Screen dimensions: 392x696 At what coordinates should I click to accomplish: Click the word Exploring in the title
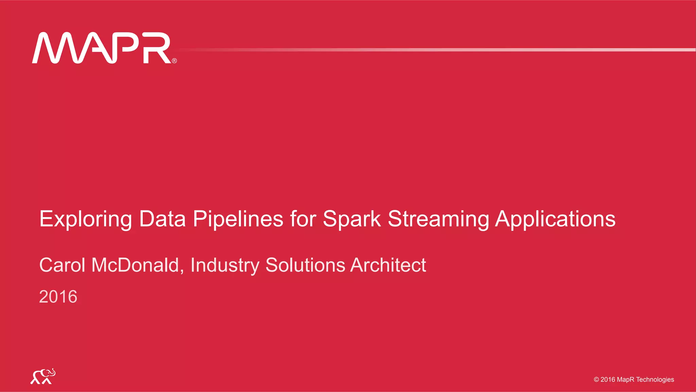85,219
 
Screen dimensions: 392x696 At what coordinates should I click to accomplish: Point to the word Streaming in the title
438,219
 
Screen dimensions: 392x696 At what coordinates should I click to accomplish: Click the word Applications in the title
555,219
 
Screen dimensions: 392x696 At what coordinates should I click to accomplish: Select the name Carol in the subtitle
62,265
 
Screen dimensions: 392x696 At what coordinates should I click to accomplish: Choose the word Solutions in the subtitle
305,265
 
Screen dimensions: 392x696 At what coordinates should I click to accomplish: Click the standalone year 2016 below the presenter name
58,297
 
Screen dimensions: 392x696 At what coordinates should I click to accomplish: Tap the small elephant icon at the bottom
43,376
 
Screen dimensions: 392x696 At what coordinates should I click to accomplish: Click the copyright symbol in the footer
596,380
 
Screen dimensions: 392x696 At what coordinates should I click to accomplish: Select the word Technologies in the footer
655,380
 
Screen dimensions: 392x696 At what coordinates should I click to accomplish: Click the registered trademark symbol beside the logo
174,61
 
